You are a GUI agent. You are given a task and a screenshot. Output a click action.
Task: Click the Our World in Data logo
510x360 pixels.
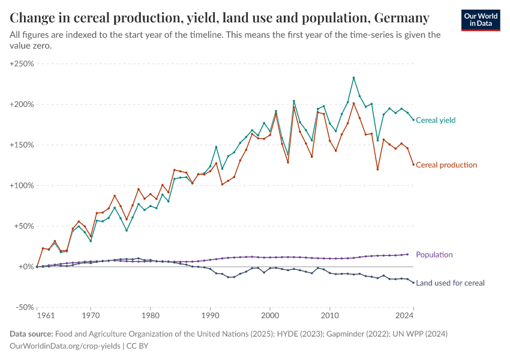[x=480, y=20]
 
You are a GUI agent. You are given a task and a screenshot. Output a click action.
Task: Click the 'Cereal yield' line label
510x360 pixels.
[x=436, y=120]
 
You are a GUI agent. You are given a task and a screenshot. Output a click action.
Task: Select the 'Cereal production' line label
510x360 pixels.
[x=446, y=165]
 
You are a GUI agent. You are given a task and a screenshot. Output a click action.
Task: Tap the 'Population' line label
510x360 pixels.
[x=434, y=255]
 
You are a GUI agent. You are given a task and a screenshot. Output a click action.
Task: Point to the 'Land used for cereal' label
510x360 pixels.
[x=450, y=283]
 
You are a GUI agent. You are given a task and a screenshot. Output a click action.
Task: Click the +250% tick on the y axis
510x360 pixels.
[x=22, y=64]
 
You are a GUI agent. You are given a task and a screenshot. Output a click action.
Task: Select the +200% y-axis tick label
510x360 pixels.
[x=22, y=104]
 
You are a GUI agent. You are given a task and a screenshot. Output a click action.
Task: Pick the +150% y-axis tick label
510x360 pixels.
[x=22, y=145]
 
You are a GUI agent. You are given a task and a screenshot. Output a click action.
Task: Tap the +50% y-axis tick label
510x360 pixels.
[x=24, y=226]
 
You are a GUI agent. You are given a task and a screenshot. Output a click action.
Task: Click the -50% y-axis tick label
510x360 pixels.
[x=24, y=307]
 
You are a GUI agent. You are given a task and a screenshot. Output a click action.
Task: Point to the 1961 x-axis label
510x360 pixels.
[x=37, y=315]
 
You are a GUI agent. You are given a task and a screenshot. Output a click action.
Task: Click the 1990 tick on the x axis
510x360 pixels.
[x=210, y=315]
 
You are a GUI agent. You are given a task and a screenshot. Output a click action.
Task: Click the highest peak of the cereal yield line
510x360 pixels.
[x=353, y=77]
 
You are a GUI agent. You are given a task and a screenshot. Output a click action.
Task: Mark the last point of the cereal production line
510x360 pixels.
[x=413, y=165]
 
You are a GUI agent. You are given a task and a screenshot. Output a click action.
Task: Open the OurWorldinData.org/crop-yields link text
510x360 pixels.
[x=66, y=346]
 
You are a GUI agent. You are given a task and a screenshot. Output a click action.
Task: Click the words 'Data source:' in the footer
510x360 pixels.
[x=32, y=334]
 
